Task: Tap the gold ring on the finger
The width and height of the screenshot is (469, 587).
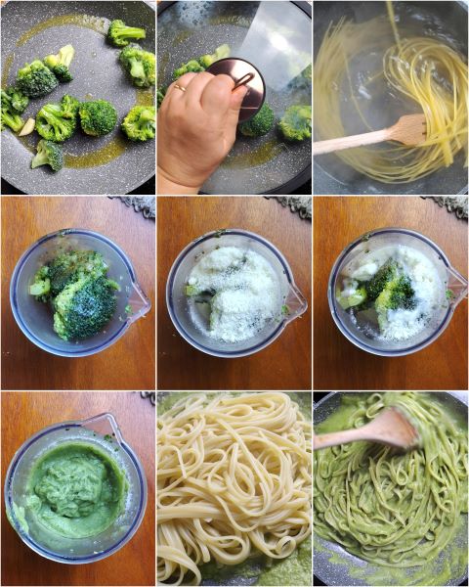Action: (x=180, y=87)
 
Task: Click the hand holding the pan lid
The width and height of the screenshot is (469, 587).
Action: (x=200, y=127)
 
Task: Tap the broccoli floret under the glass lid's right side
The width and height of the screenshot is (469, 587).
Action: (x=295, y=122)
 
